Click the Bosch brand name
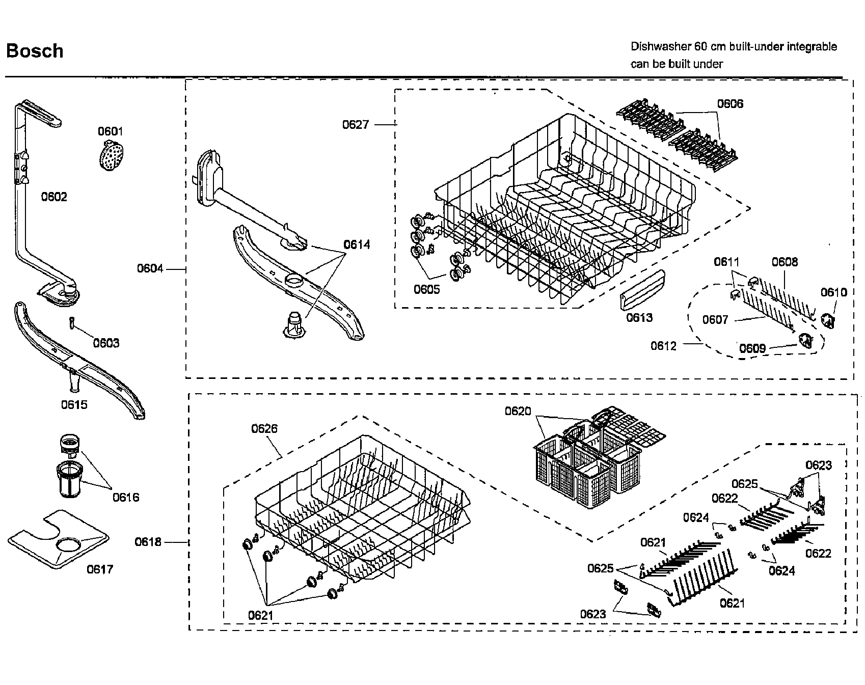[x=35, y=51]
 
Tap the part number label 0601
[x=111, y=132]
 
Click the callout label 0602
[x=54, y=197]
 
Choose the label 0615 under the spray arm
[x=74, y=405]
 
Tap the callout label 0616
[x=126, y=497]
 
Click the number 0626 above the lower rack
[x=264, y=429]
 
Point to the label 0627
[x=356, y=124]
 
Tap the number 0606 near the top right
[x=730, y=104]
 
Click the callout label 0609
[x=752, y=348]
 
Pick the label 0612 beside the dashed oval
[x=664, y=346]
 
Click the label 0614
[x=357, y=244]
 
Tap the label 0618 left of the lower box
[x=148, y=542]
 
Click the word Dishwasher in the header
[x=660, y=47]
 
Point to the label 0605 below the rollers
[x=427, y=290]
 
